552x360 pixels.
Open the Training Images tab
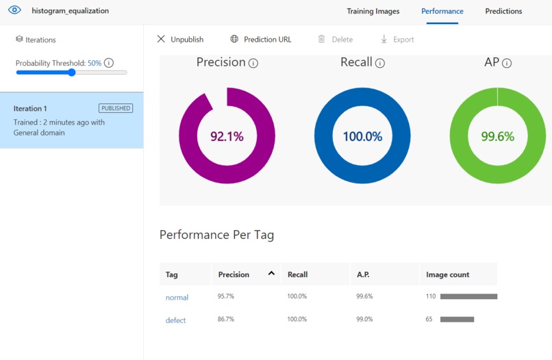(x=373, y=11)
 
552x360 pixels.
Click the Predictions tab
(x=503, y=11)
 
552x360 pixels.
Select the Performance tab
(x=442, y=11)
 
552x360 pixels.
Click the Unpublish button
(x=180, y=40)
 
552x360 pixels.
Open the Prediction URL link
(x=261, y=40)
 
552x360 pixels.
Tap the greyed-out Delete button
(x=335, y=40)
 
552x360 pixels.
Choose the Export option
(x=397, y=40)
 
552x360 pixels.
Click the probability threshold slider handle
(x=72, y=73)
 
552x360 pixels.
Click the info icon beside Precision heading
(x=253, y=63)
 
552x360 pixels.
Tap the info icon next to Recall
(x=380, y=63)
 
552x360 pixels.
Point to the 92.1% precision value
(x=227, y=136)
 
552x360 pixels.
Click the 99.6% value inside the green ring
(x=497, y=136)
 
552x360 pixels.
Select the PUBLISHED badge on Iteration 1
(x=116, y=108)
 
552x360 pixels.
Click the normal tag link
(x=177, y=297)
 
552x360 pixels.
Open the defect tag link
(x=175, y=320)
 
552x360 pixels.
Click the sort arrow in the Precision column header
(x=271, y=273)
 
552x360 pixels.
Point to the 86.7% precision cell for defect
(x=225, y=319)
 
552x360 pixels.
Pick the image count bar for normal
(x=468, y=296)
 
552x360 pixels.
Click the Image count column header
(x=447, y=274)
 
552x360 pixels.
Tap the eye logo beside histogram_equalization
(x=14, y=10)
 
